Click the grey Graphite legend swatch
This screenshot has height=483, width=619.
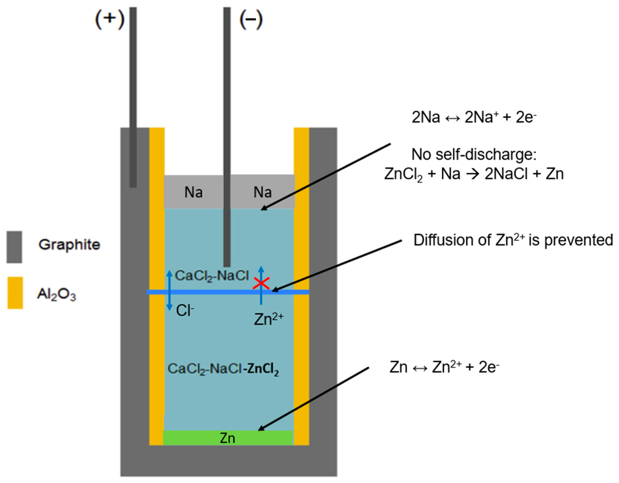(x=14, y=247)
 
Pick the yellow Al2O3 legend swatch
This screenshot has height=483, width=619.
(x=15, y=293)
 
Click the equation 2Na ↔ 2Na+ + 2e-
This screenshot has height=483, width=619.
(x=474, y=117)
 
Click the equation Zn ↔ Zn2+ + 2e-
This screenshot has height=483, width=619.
(x=444, y=367)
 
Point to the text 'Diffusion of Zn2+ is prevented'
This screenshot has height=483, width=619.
(x=513, y=240)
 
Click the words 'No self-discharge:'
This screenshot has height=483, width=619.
(x=474, y=155)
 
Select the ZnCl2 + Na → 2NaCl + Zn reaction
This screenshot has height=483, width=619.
(x=474, y=174)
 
